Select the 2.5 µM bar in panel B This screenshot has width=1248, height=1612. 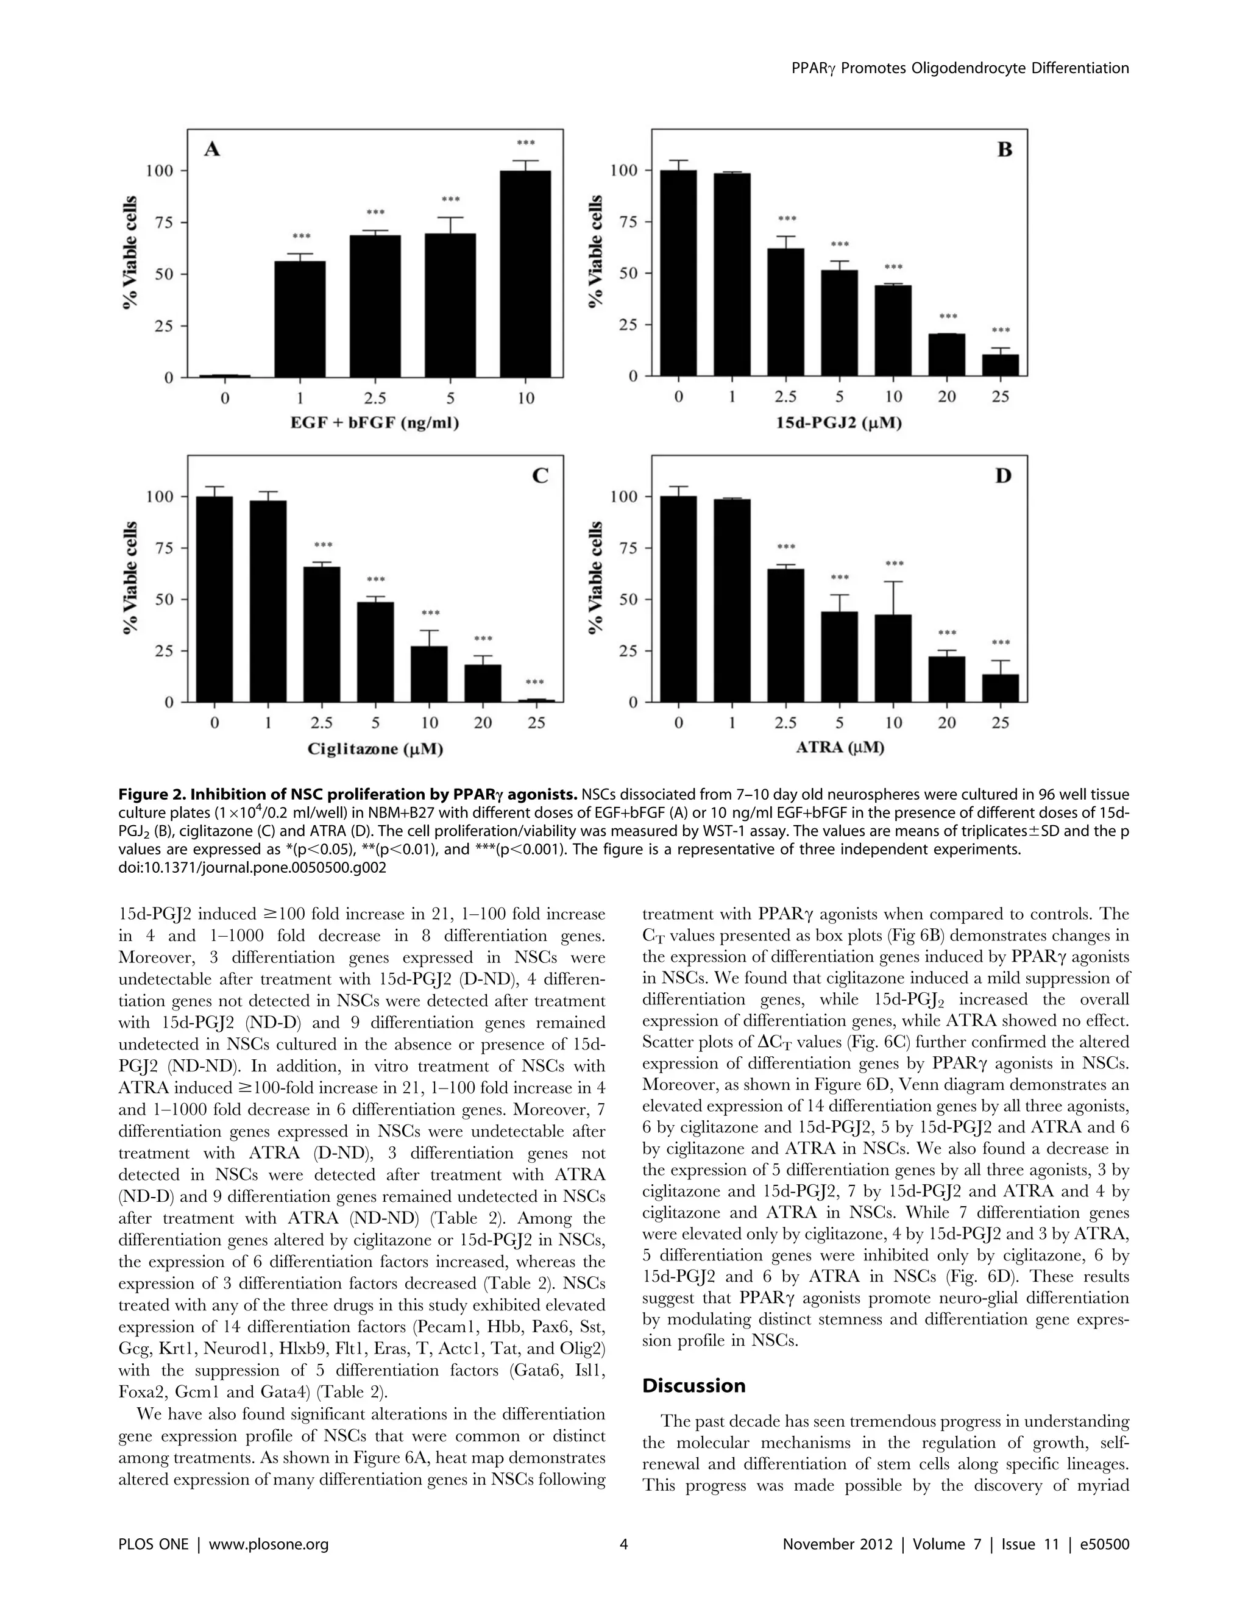[x=785, y=312]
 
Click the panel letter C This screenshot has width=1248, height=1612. [x=541, y=476]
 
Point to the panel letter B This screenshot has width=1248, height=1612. [x=1004, y=150]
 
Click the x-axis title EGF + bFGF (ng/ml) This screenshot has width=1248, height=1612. [x=375, y=424]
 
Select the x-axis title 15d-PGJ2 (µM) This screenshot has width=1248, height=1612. [x=839, y=424]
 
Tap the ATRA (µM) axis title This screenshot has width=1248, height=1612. [x=840, y=748]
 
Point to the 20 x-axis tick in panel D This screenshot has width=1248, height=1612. [x=947, y=723]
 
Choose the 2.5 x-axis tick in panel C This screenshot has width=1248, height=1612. [x=322, y=723]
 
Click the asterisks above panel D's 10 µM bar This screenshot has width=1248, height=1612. [x=894, y=564]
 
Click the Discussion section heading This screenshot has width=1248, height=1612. [x=693, y=1386]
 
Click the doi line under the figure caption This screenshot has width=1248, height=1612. [x=252, y=868]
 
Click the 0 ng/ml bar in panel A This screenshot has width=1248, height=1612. [x=224, y=375]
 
